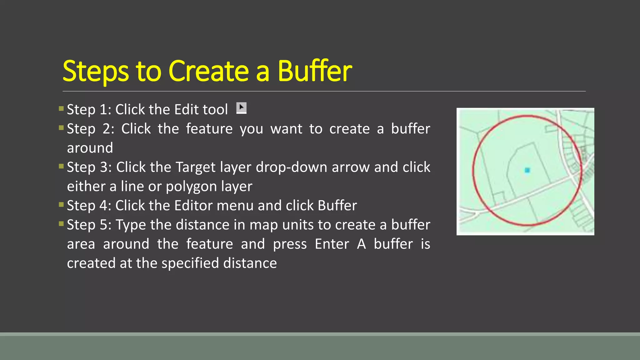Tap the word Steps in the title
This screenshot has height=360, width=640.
tap(96, 72)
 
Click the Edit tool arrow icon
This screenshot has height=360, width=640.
tap(241, 108)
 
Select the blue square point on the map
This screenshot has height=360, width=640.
tap(527, 170)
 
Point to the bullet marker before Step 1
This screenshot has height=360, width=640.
tap(61, 109)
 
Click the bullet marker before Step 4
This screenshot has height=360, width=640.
tap(61, 205)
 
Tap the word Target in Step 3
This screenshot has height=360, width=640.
tap(195, 167)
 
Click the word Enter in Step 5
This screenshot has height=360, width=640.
tap(332, 244)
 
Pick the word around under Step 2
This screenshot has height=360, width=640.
tap(90, 148)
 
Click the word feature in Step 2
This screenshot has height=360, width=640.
tap(209, 129)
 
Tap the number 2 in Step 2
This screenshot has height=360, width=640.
tap(106, 129)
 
